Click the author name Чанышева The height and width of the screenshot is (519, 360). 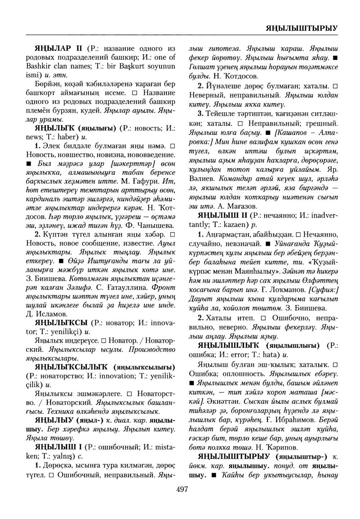(156, 226)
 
